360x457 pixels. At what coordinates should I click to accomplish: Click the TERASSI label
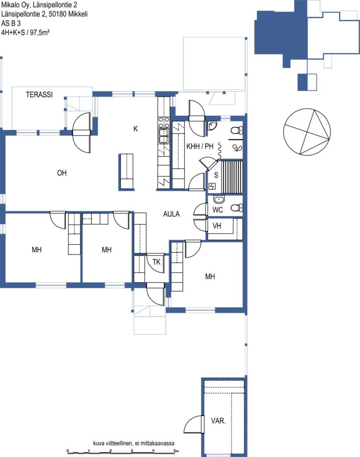(39, 95)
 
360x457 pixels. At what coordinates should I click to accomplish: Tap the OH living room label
(62, 173)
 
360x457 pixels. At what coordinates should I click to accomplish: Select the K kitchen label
(135, 129)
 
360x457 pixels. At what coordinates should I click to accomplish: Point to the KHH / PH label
(200, 146)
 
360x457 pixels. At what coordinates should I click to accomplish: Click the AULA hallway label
(172, 214)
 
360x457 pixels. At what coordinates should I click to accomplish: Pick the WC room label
(218, 210)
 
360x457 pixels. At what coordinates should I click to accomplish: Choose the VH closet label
(217, 225)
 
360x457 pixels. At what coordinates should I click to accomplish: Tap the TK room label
(156, 262)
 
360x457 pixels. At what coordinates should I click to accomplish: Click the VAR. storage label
(218, 420)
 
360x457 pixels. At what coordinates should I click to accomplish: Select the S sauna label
(216, 175)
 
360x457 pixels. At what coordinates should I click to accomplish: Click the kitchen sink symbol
(164, 136)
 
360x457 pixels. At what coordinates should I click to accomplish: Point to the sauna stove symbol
(212, 186)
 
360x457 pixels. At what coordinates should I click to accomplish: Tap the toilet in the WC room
(237, 208)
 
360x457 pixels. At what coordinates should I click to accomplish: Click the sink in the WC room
(219, 199)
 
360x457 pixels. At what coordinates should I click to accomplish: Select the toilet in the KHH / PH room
(237, 130)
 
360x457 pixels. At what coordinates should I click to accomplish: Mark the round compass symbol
(307, 132)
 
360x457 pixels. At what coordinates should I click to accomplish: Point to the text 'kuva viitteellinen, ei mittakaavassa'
(134, 443)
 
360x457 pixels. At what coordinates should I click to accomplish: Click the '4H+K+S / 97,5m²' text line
(25, 32)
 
